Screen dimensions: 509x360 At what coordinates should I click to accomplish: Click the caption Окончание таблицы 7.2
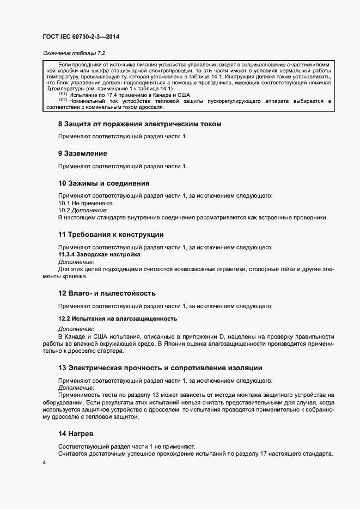click(x=73, y=53)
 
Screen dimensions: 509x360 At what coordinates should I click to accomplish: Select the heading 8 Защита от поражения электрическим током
click(x=139, y=124)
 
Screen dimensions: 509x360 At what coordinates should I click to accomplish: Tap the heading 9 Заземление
click(x=82, y=154)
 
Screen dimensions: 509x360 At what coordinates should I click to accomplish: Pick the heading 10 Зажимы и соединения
click(x=103, y=183)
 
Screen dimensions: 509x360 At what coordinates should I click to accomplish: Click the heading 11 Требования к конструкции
click(x=111, y=234)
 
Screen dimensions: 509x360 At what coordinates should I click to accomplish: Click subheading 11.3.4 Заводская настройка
click(x=99, y=254)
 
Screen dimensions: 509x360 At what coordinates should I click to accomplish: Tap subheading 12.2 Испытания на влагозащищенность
click(x=118, y=318)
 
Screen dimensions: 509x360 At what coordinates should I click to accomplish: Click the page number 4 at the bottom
click(x=44, y=462)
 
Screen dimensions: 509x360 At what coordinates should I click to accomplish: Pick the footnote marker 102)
click(x=62, y=101)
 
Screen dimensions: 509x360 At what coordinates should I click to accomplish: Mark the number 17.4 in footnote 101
click(x=104, y=95)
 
